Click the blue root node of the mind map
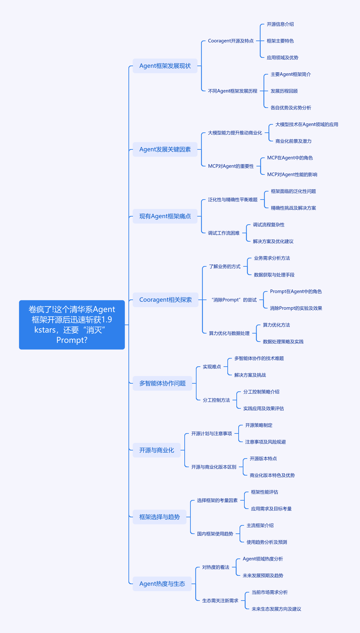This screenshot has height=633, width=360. tap(72, 325)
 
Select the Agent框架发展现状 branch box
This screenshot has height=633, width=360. tap(165, 66)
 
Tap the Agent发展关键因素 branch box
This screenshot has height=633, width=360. tap(165, 149)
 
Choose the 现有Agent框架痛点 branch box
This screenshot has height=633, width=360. tap(165, 216)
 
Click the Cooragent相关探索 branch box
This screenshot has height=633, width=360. tap(165, 300)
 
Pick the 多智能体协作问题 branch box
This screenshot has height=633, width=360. tap(162, 383)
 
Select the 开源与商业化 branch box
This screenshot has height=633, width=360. tap(157, 450)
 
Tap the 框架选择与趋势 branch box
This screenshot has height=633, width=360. tap(160, 517)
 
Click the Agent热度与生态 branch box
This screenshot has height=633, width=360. tap(162, 584)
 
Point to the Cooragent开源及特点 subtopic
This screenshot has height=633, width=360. tap(231, 41)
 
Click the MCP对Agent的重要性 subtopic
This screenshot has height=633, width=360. tap(231, 166)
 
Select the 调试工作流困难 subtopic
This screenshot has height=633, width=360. tap(224, 233)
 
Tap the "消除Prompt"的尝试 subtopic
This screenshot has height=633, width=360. tap(234, 300)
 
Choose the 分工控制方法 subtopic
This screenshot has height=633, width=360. tap(216, 400)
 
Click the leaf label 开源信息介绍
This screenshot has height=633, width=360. tap(280, 24)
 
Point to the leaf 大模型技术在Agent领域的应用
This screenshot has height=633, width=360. tap(307, 124)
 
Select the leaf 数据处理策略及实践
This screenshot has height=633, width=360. tap(283, 342)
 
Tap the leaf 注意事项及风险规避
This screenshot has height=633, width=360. tap(266, 442)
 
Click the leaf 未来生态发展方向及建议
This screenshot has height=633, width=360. tap(277, 609)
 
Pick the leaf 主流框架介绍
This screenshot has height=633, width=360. tap(260, 525)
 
